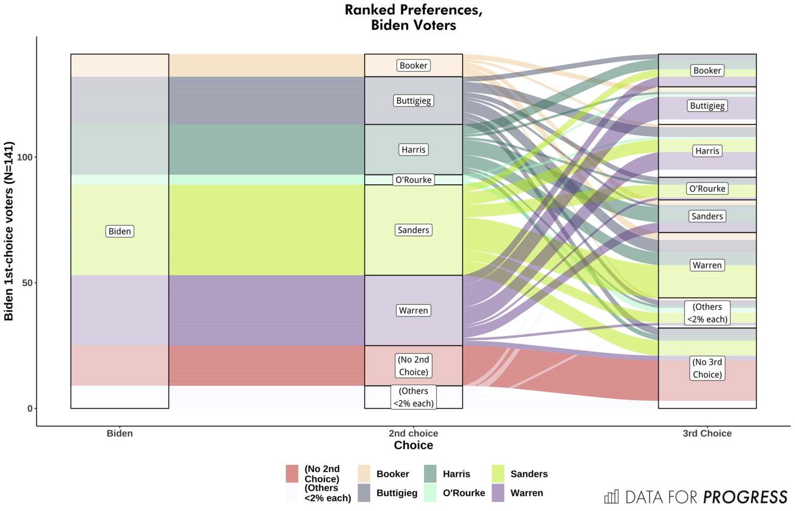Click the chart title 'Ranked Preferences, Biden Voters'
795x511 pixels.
click(413, 17)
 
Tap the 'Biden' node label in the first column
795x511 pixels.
click(120, 231)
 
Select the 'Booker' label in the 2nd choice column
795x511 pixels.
click(413, 66)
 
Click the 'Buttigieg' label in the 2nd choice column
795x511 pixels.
click(413, 101)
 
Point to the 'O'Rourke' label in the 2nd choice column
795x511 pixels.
click(413, 180)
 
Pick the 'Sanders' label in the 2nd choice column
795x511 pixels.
click(413, 230)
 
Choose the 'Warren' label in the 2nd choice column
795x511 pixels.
click(413, 311)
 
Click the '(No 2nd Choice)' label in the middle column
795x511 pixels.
click(413, 366)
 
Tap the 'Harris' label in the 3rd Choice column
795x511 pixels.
click(707, 151)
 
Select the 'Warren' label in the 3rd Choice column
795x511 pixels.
click(707, 265)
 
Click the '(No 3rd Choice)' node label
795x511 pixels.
click(707, 368)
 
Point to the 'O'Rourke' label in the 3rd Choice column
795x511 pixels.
click(707, 189)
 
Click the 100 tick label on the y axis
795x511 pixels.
click(24, 157)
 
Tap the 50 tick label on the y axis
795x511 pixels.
click(27, 283)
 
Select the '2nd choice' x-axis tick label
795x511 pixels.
click(413, 433)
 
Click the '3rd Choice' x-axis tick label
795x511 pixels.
click(707, 433)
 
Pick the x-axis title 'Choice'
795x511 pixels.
click(413, 445)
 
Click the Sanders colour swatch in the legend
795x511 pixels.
click(498, 474)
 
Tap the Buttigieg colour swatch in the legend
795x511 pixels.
click(364, 493)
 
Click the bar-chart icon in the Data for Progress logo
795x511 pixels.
click(612, 497)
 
